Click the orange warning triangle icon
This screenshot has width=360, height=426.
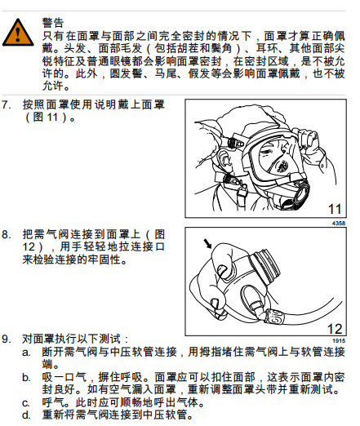pos(18,33)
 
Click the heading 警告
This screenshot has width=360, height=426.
pos(53,23)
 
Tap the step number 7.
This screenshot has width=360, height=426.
pos(7,104)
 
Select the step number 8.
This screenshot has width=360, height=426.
pos(7,234)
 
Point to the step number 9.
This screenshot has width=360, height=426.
pos(7,339)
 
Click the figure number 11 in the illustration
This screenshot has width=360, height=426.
pos(335,209)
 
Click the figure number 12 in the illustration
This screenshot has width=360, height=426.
pos(335,329)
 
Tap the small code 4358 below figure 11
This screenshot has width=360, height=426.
pos(339,224)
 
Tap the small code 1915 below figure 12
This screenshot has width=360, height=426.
pos(339,341)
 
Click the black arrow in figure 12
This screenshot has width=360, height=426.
pos(207,244)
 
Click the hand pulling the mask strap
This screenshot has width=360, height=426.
pos(308,140)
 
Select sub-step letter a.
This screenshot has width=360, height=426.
pos(26,353)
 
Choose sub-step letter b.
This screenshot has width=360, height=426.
pos(26,378)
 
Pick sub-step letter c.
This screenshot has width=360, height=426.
pos(26,403)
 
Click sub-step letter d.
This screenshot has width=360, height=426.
pos(26,415)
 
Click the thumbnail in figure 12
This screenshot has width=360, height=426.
pos(222,270)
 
